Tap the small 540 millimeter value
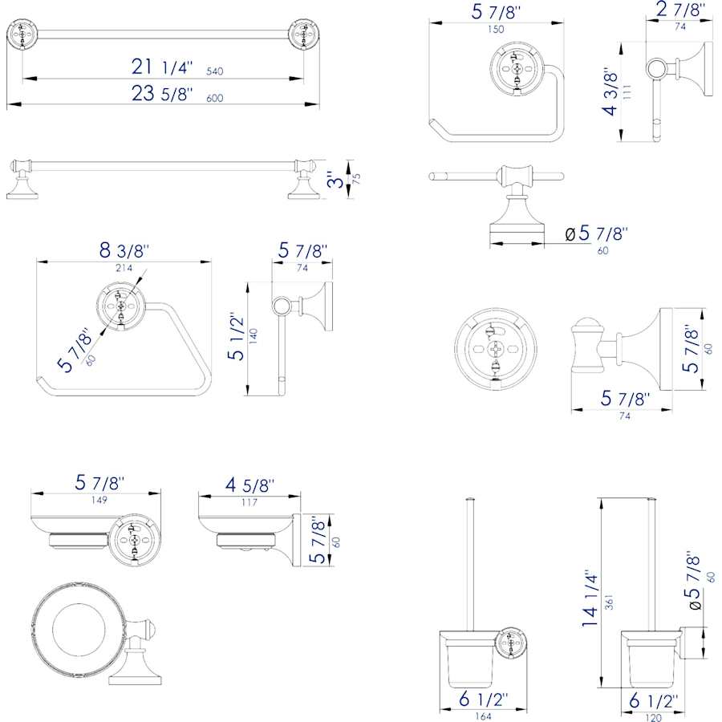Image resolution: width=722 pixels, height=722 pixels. (x=214, y=71)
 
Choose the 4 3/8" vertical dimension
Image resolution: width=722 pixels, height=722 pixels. (x=611, y=91)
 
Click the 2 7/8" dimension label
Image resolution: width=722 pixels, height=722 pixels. (x=680, y=10)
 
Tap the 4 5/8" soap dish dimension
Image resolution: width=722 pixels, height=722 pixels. (x=249, y=486)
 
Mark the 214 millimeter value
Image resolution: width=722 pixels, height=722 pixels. (x=124, y=267)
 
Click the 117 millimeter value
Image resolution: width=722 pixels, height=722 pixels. (x=249, y=503)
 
